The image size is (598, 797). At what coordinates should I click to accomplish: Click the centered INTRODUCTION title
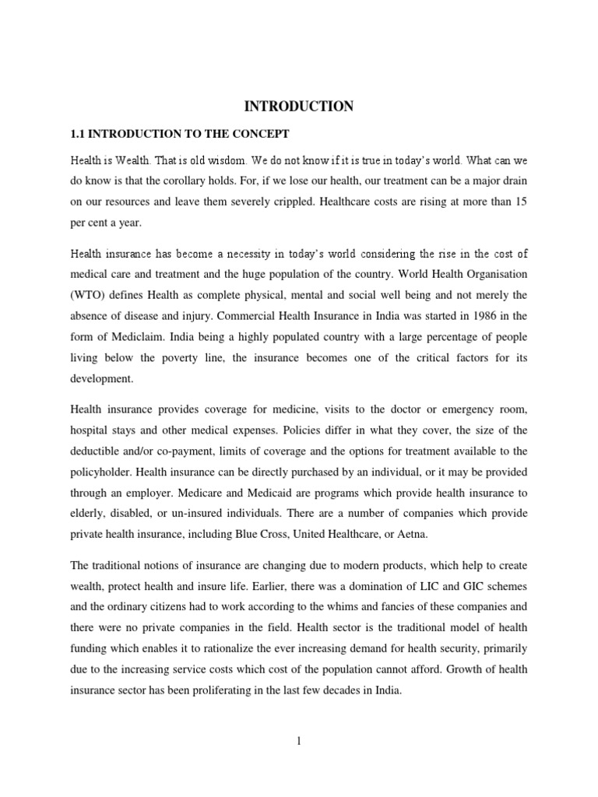[x=299, y=106]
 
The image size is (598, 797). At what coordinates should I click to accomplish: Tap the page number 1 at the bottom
[x=298, y=741]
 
